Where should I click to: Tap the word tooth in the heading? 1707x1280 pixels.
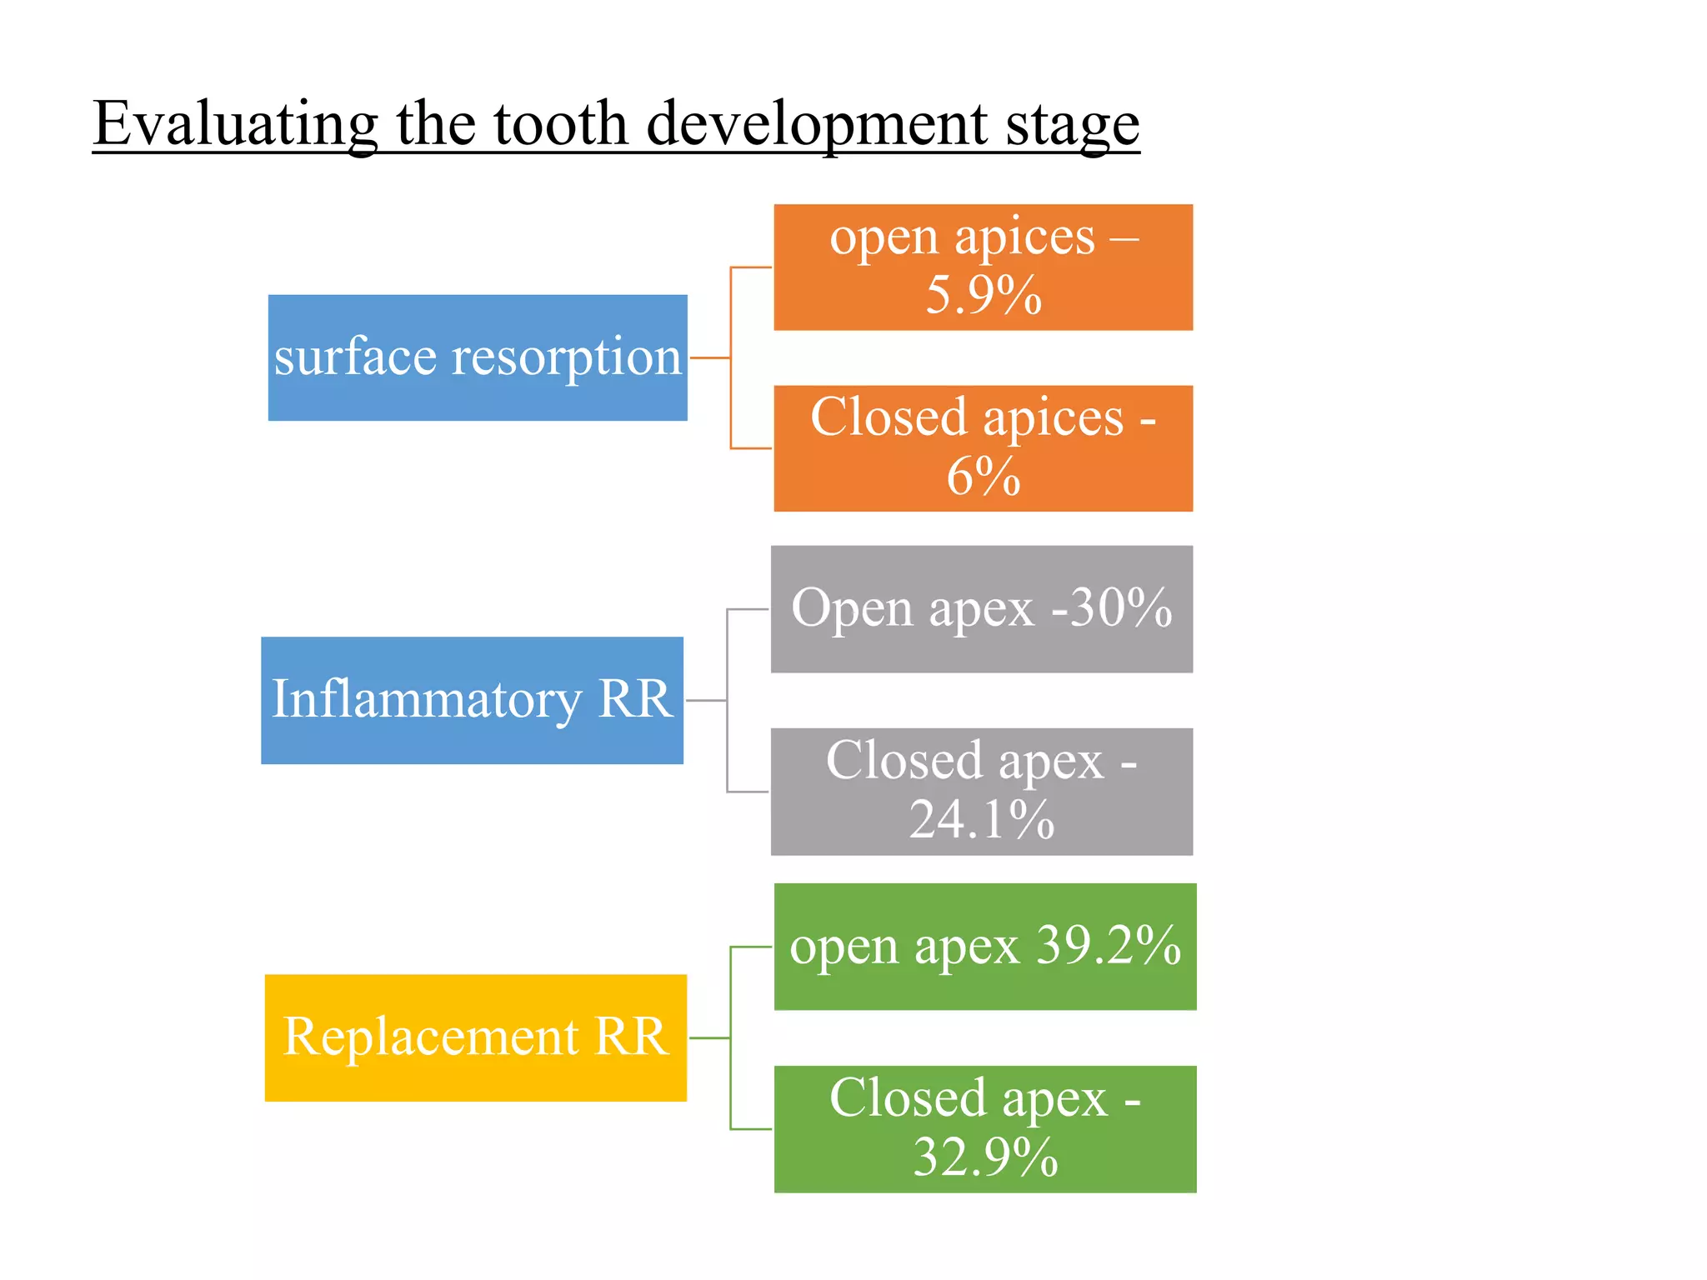pos(560,123)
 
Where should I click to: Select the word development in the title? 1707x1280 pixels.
pos(818,123)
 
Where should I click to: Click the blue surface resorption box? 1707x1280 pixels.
pos(478,357)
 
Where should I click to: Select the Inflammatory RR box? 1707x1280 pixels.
pos(472,700)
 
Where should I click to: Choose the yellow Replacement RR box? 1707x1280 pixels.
pos(475,1037)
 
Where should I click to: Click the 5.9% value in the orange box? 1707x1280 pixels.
pos(984,295)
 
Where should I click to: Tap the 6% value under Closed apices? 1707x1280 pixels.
pos(984,477)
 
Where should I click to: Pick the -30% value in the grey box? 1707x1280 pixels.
pos(1112,607)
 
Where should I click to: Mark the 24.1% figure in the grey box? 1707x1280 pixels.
pos(982,819)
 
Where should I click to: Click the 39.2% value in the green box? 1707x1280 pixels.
pos(1109,946)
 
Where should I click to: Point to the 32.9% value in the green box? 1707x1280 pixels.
pos(985,1157)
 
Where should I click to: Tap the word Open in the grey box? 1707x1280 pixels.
pos(852,608)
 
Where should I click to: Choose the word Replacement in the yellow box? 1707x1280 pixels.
pos(431,1037)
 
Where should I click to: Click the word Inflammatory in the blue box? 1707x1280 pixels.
pos(427,700)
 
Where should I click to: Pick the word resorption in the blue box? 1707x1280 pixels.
pos(567,357)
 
